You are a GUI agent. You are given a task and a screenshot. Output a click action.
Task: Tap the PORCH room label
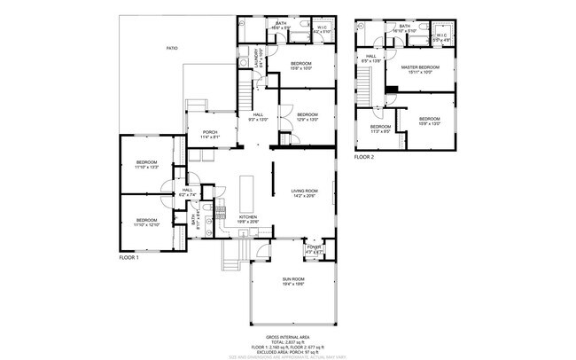tap(210, 135)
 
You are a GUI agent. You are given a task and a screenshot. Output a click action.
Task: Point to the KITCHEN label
tap(248, 218)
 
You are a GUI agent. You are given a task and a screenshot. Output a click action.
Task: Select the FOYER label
tap(314, 247)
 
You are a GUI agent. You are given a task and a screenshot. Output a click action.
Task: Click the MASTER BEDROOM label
tap(420, 69)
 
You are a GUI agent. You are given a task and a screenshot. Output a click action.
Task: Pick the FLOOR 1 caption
tap(130, 257)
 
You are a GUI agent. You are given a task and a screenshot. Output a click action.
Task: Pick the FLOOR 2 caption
tap(364, 157)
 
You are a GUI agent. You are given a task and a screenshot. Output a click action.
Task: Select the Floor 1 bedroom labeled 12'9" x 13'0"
tap(307, 117)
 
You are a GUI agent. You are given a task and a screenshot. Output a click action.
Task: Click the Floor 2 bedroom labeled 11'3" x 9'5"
tap(380, 129)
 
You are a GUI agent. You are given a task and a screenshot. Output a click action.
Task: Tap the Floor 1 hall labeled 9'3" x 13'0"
tap(259, 116)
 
